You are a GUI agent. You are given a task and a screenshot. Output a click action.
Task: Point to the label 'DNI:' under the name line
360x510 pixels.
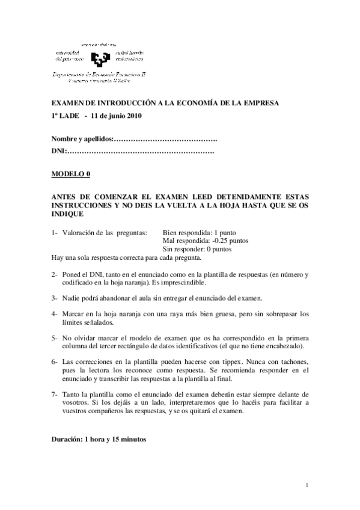(x=58, y=150)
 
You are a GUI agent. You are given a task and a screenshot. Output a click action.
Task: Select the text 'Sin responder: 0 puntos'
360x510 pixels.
(x=197, y=249)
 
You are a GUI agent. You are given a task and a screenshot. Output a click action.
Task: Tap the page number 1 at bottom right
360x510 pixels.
(x=307, y=485)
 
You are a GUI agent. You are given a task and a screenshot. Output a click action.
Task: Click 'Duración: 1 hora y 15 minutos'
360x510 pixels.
(x=99, y=439)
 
